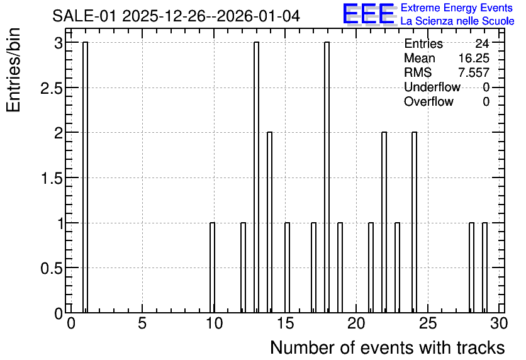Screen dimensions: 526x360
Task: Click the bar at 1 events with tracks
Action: coord(85,177)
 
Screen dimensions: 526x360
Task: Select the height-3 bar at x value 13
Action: coord(256,177)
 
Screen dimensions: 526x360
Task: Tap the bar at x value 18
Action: coord(327,177)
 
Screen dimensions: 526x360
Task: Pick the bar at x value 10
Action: coord(212,267)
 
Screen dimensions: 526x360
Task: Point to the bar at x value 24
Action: coord(414,222)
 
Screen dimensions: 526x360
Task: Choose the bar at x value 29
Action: coord(484,267)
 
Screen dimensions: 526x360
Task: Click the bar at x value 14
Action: coord(269,222)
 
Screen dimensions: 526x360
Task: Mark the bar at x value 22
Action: coord(384,222)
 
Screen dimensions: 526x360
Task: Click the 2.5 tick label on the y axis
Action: coord(52,88)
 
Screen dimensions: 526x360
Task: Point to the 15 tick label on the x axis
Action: coord(286,323)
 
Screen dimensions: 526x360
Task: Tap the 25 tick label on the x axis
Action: coord(428,323)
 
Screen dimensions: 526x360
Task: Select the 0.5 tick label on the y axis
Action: coord(52,268)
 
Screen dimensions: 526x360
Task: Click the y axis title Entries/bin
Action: coord(13,70)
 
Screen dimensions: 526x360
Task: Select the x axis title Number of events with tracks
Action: coord(388,347)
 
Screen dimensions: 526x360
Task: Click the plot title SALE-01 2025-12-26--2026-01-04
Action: coord(176,16)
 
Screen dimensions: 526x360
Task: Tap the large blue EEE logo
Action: coord(368,14)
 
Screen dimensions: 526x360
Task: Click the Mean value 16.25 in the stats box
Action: coord(474,58)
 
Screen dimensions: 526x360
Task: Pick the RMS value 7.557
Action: coord(474,72)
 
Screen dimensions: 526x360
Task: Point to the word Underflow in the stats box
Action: coord(432,87)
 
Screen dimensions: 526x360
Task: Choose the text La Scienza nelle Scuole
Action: coord(457,21)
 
